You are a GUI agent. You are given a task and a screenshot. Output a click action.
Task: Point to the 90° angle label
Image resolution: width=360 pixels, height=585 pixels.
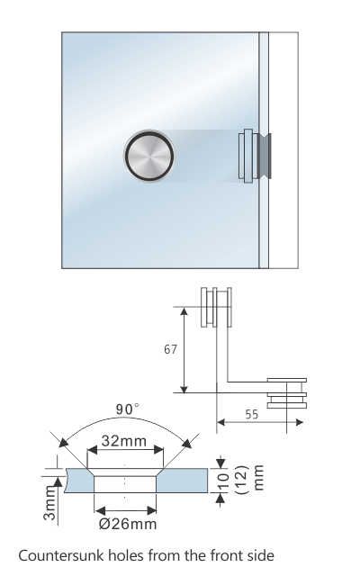coord(129,409)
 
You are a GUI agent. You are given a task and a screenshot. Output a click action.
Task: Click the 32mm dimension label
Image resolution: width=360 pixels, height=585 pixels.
coord(126,442)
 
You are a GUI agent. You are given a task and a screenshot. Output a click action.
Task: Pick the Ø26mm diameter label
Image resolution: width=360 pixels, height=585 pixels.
coord(127,524)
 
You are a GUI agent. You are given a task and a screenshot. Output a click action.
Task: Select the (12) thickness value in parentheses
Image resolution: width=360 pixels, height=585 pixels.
coord(240,482)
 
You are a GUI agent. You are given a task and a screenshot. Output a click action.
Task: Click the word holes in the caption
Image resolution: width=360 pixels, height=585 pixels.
coord(126,556)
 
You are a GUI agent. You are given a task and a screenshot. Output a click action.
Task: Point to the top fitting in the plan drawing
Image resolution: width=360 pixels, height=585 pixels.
coord(208,308)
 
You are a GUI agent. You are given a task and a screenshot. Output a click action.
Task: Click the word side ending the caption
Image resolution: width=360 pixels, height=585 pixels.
coord(257,556)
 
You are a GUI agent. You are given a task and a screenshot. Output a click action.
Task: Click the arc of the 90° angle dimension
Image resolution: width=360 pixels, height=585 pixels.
coord(126,419)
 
